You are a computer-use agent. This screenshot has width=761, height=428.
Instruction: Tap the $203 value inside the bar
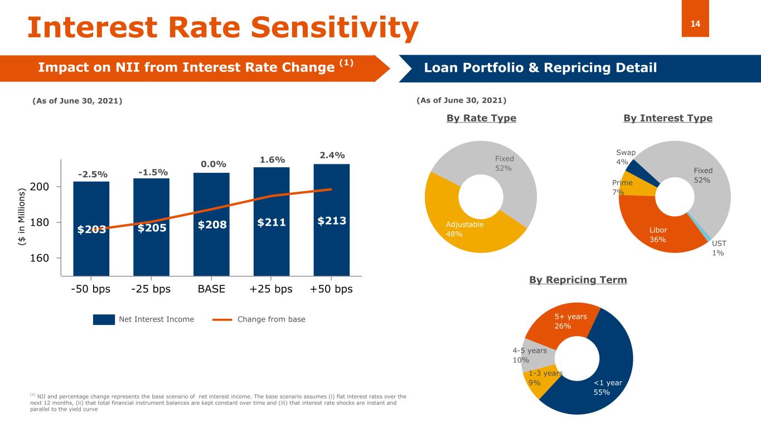click(x=91, y=228)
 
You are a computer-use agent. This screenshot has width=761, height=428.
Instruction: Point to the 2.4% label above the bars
click(x=332, y=154)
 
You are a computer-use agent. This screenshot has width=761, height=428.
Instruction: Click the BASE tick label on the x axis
click(x=211, y=290)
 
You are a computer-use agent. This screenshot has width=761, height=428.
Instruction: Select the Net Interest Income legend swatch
click(x=104, y=319)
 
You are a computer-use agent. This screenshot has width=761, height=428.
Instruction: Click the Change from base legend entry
click(x=271, y=319)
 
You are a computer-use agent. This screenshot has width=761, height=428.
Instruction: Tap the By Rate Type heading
click(x=481, y=118)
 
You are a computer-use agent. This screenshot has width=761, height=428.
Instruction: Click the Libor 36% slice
click(x=658, y=234)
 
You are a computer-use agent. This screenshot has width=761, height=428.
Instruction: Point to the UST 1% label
click(x=718, y=248)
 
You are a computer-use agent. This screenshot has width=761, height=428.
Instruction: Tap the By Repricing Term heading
click(x=578, y=280)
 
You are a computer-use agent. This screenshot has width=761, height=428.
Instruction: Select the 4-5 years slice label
click(x=529, y=355)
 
